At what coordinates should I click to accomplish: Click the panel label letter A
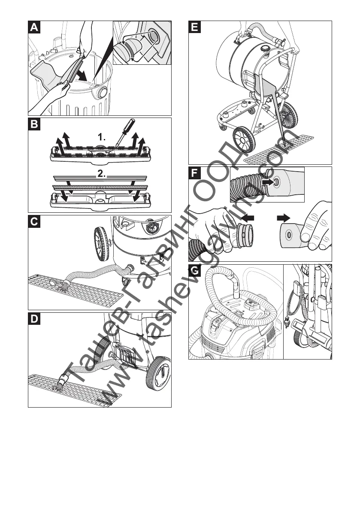click(x=34, y=27)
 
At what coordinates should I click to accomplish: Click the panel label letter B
click(x=34, y=125)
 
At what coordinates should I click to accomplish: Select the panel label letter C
click(x=34, y=222)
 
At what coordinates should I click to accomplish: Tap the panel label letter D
click(x=34, y=320)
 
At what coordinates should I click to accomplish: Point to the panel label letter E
click(x=195, y=27)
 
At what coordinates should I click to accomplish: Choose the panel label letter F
click(x=195, y=173)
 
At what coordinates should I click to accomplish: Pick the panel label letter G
click(x=195, y=271)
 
